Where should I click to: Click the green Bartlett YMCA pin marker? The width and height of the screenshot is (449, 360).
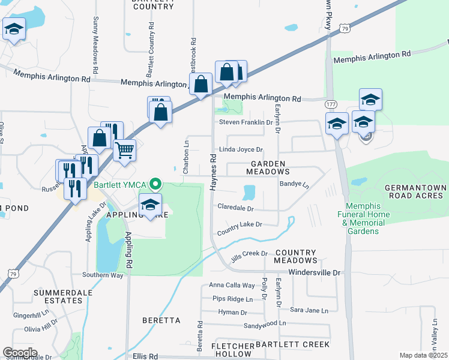click(156, 183)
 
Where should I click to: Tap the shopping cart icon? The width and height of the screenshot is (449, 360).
click(124, 149)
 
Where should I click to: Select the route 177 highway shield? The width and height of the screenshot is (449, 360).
click(330, 104)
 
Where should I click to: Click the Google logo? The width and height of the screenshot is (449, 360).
click(20, 353)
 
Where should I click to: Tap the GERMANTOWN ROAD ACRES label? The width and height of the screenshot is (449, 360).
click(415, 192)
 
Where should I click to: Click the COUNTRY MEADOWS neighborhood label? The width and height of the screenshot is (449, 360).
click(295, 256)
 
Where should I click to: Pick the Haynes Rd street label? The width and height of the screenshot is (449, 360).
click(213, 172)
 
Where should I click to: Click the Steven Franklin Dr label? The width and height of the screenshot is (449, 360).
click(246, 122)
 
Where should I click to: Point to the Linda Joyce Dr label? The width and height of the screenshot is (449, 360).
click(241, 149)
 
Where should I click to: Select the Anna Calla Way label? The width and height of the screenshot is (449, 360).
click(232, 286)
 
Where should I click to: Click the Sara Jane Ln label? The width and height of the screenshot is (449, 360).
click(309, 311)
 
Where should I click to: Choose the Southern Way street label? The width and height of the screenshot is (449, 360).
click(103, 275)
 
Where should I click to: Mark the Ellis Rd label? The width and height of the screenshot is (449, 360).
click(145, 356)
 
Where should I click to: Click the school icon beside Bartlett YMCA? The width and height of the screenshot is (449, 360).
click(150, 204)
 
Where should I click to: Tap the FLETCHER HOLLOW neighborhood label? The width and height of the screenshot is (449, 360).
click(232, 351)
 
